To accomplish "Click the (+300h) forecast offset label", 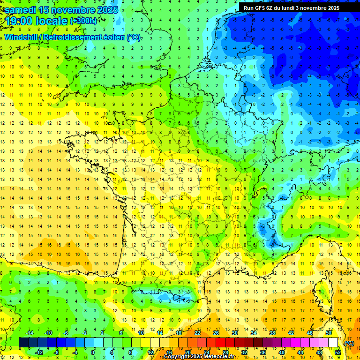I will (x=84, y=21).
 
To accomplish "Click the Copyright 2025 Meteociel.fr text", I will (x=199, y=357).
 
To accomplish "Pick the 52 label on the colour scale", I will (x=337, y=352).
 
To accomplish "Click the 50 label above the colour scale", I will (x=328, y=333).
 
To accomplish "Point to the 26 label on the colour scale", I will (x=216, y=333).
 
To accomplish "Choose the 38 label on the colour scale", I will (x=272, y=333).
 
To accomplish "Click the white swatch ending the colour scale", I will (x=333, y=342).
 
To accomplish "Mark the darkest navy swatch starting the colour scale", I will (x=23, y=342).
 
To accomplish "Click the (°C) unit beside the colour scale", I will (x=349, y=343).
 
